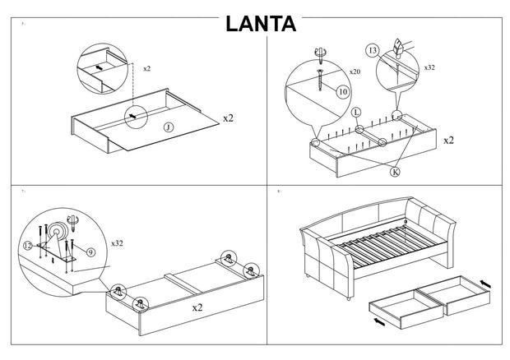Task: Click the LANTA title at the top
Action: pos(261,22)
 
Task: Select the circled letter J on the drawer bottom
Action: pos(168,127)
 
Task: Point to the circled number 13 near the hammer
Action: pos(373,51)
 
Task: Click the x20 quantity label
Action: pos(355,72)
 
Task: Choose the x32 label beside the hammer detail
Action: pos(429,67)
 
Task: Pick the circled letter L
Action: pos(355,110)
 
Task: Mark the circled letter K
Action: pos(395,173)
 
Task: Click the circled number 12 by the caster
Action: pos(28,245)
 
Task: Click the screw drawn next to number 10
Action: pos(320,76)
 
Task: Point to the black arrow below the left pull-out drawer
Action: pos(378,321)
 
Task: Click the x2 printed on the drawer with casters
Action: pos(197,307)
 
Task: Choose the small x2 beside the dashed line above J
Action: pos(146,69)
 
